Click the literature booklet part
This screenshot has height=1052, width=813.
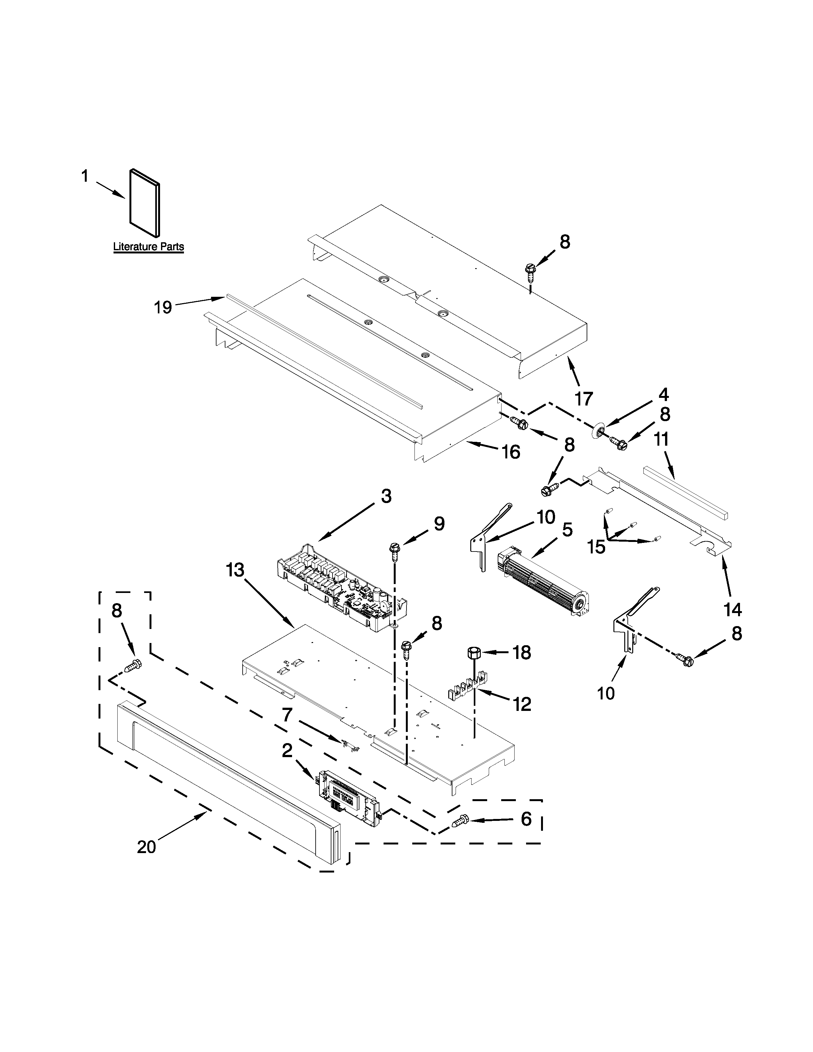(144, 203)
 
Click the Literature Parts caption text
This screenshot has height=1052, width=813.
(148, 247)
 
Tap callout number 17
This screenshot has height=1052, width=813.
(584, 398)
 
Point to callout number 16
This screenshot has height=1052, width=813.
(511, 452)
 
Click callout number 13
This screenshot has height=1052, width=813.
(236, 570)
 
